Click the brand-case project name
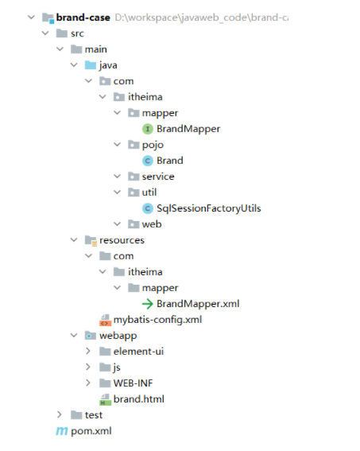click(83, 17)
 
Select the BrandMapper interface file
click(188, 129)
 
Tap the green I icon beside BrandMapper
click(148, 129)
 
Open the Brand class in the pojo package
click(170, 161)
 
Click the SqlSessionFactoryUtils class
click(208, 208)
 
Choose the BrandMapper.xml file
click(198, 304)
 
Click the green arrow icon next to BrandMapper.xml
click(148, 304)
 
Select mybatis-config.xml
click(157, 320)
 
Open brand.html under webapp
click(139, 399)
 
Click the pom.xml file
click(91, 431)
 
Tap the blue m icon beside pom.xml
click(62, 431)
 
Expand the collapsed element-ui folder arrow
click(88, 352)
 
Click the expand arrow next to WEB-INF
click(88, 383)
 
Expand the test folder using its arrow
click(59, 414)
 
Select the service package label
click(158, 177)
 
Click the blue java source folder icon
click(91, 65)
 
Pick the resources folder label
click(122, 240)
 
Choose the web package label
click(152, 224)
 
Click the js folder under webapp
click(117, 367)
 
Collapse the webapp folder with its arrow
click(74, 336)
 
